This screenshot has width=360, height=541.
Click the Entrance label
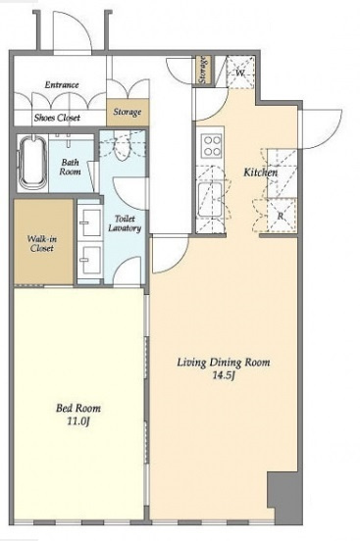click(62, 84)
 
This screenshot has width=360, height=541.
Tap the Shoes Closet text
click(57, 118)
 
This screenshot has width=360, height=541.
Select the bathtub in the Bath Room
click(32, 162)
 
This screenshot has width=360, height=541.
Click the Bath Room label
click(70, 167)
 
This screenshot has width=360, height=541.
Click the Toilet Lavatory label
click(125, 223)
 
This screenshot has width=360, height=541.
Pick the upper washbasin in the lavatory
click(90, 222)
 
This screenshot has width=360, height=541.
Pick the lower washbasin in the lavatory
click(90, 260)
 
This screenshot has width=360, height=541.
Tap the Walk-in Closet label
click(42, 243)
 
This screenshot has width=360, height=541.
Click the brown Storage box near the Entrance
click(128, 112)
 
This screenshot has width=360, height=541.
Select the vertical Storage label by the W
click(203, 70)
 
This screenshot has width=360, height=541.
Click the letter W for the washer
click(240, 73)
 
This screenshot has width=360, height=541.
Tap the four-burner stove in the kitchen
click(212, 146)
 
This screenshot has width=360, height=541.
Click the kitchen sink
click(210, 199)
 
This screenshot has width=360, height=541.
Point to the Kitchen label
click(261, 172)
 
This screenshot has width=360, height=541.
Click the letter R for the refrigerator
click(281, 216)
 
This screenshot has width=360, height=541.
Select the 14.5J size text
click(224, 375)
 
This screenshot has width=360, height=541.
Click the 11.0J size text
click(78, 420)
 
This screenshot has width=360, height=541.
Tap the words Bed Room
click(78, 408)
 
